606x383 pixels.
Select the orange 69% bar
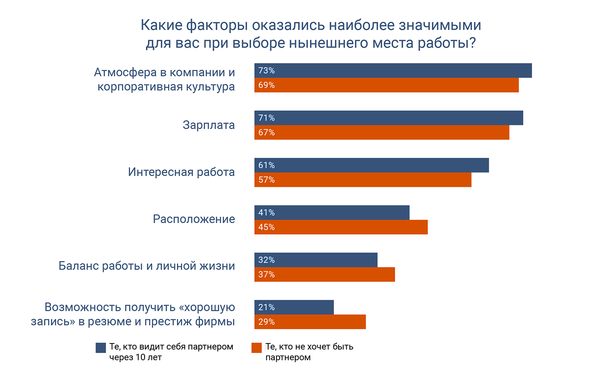pos(386,85)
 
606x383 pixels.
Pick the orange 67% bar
pos(382,132)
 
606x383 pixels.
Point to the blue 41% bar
pos(332,213)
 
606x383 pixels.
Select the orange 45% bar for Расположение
pos(341,227)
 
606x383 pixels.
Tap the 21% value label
pos(267,308)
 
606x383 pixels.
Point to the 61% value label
pos(267,165)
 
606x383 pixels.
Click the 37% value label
pos(267,275)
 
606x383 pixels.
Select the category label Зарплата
pos(208,125)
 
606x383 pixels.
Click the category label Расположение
pos(194,219)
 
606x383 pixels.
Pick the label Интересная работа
pos(181,172)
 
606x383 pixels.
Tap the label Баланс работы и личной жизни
pos(147,266)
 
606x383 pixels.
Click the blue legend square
pos(101,348)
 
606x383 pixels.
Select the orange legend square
pos(257,348)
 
